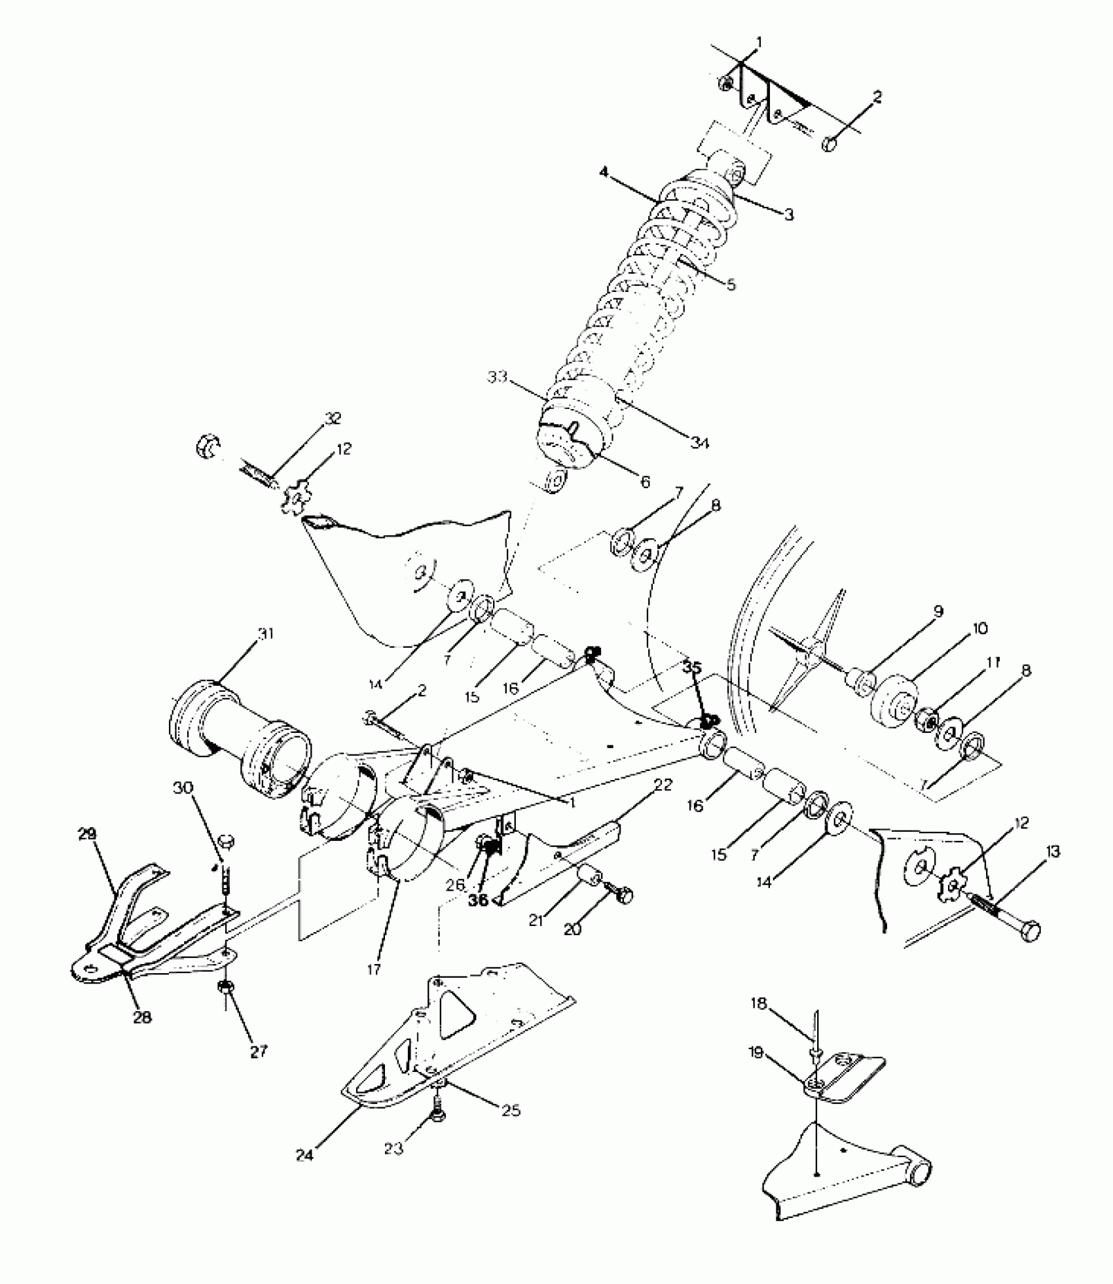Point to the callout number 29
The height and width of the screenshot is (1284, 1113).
pyautogui.click(x=88, y=834)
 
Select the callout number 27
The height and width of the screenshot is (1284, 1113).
pyautogui.click(x=259, y=1052)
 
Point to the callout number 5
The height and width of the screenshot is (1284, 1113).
pyautogui.click(x=731, y=285)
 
